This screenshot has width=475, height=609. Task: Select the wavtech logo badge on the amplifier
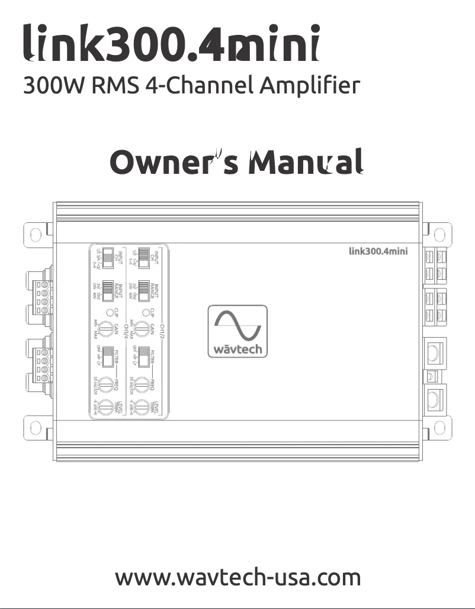(x=237, y=331)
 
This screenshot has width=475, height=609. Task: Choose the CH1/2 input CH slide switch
(x=143, y=257)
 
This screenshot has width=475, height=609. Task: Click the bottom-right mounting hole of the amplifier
(x=439, y=426)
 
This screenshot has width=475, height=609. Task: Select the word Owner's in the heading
(x=175, y=163)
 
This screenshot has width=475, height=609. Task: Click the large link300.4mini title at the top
(x=172, y=44)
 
